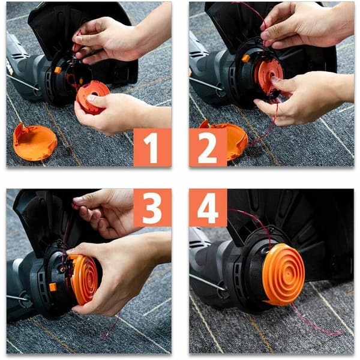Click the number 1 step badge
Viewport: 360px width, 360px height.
[x=152, y=147]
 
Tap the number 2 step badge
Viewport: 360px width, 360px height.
[x=208, y=147]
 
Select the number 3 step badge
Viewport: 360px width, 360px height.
[x=152, y=208]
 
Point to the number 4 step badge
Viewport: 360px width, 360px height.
[x=208, y=208]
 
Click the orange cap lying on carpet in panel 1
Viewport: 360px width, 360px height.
[x=34, y=142]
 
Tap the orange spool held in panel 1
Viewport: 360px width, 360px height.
[x=93, y=97]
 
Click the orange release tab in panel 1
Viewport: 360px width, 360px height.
[x=58, y=70]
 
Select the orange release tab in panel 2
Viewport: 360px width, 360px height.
[x=245, y=58]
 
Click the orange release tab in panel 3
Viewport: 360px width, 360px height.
[x=53, y=287]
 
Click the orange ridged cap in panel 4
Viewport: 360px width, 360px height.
[x=284, y=274]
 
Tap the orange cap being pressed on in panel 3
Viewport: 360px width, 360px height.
[x=83, y=280]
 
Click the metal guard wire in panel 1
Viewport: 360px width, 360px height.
[x=23, y=82]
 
